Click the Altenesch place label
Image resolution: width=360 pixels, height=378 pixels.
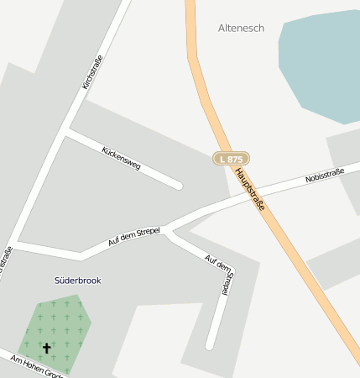point(241,28)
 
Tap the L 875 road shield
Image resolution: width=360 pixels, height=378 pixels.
point(230,158)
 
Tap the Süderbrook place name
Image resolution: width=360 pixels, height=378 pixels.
point(77,280)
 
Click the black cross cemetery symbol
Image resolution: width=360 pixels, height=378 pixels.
point(46,346)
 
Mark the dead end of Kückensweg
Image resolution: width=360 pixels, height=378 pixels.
point(178,186)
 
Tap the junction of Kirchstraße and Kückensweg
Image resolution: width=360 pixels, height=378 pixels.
point(66,131)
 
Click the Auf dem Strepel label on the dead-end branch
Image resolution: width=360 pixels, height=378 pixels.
point(220,274)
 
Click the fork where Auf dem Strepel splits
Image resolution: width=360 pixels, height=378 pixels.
point(166,229)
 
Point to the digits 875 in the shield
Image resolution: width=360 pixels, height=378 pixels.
point(235,158)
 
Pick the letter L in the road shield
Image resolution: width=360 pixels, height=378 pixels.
point(222,158)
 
